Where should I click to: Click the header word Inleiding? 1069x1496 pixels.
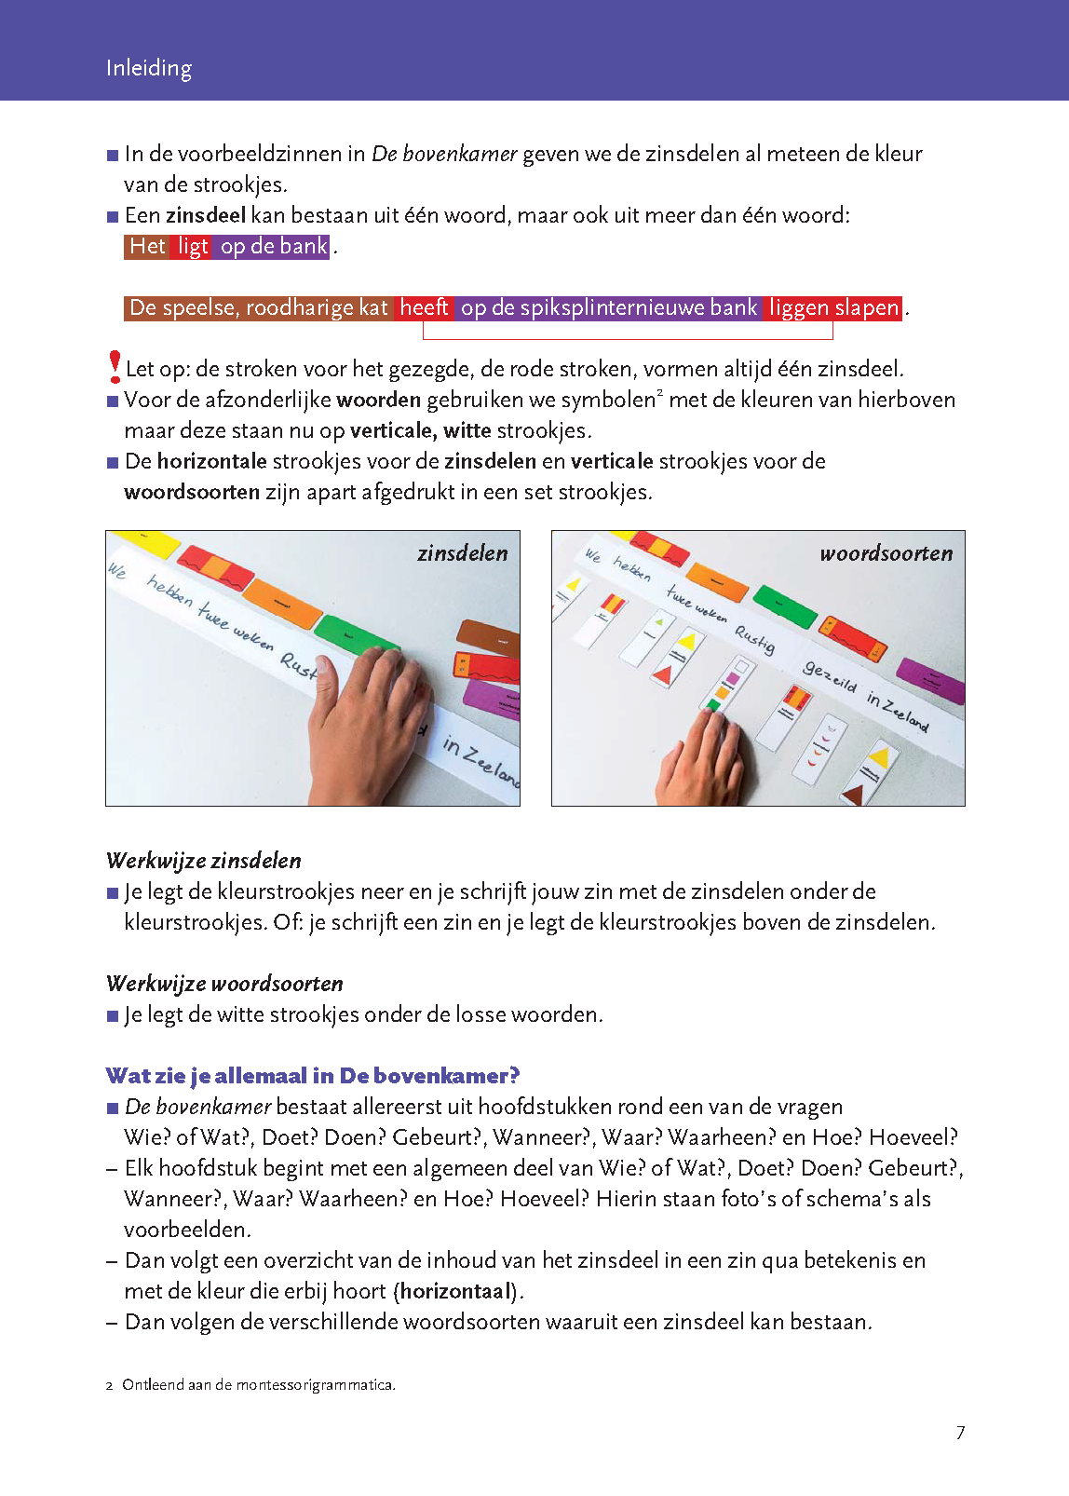click(x=149, y=68)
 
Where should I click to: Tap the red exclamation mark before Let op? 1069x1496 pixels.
click(x=115, y=366)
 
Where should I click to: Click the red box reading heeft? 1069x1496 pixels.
click(x=425, y=307)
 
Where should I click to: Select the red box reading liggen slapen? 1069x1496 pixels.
click(x=833, y=307)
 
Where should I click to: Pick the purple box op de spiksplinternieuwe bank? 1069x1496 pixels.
click(x=609, y=307)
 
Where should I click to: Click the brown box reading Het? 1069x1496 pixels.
click(x=147, y=246)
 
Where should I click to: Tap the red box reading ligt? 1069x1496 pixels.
click(x=193, y=246)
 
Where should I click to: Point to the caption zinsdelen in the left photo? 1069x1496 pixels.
click(x=463, y=553)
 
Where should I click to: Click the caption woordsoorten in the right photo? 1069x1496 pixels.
click(x=886, y=553)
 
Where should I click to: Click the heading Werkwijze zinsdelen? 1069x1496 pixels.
click(x=204, y=860)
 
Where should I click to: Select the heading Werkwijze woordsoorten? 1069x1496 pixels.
click(x=224, y=983)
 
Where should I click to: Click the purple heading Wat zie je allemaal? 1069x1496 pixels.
click(x=313, y=1076)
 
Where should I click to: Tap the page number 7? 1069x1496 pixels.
click(x=960, y=1433)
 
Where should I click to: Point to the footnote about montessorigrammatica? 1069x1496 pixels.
click(x=258, y=1385)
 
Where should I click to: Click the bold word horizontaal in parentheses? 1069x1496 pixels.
click(x=456, y=1291)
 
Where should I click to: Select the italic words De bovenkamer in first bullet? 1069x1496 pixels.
click(x=444, y=154)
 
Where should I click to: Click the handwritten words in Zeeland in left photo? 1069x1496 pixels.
click(x=480, y=759)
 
